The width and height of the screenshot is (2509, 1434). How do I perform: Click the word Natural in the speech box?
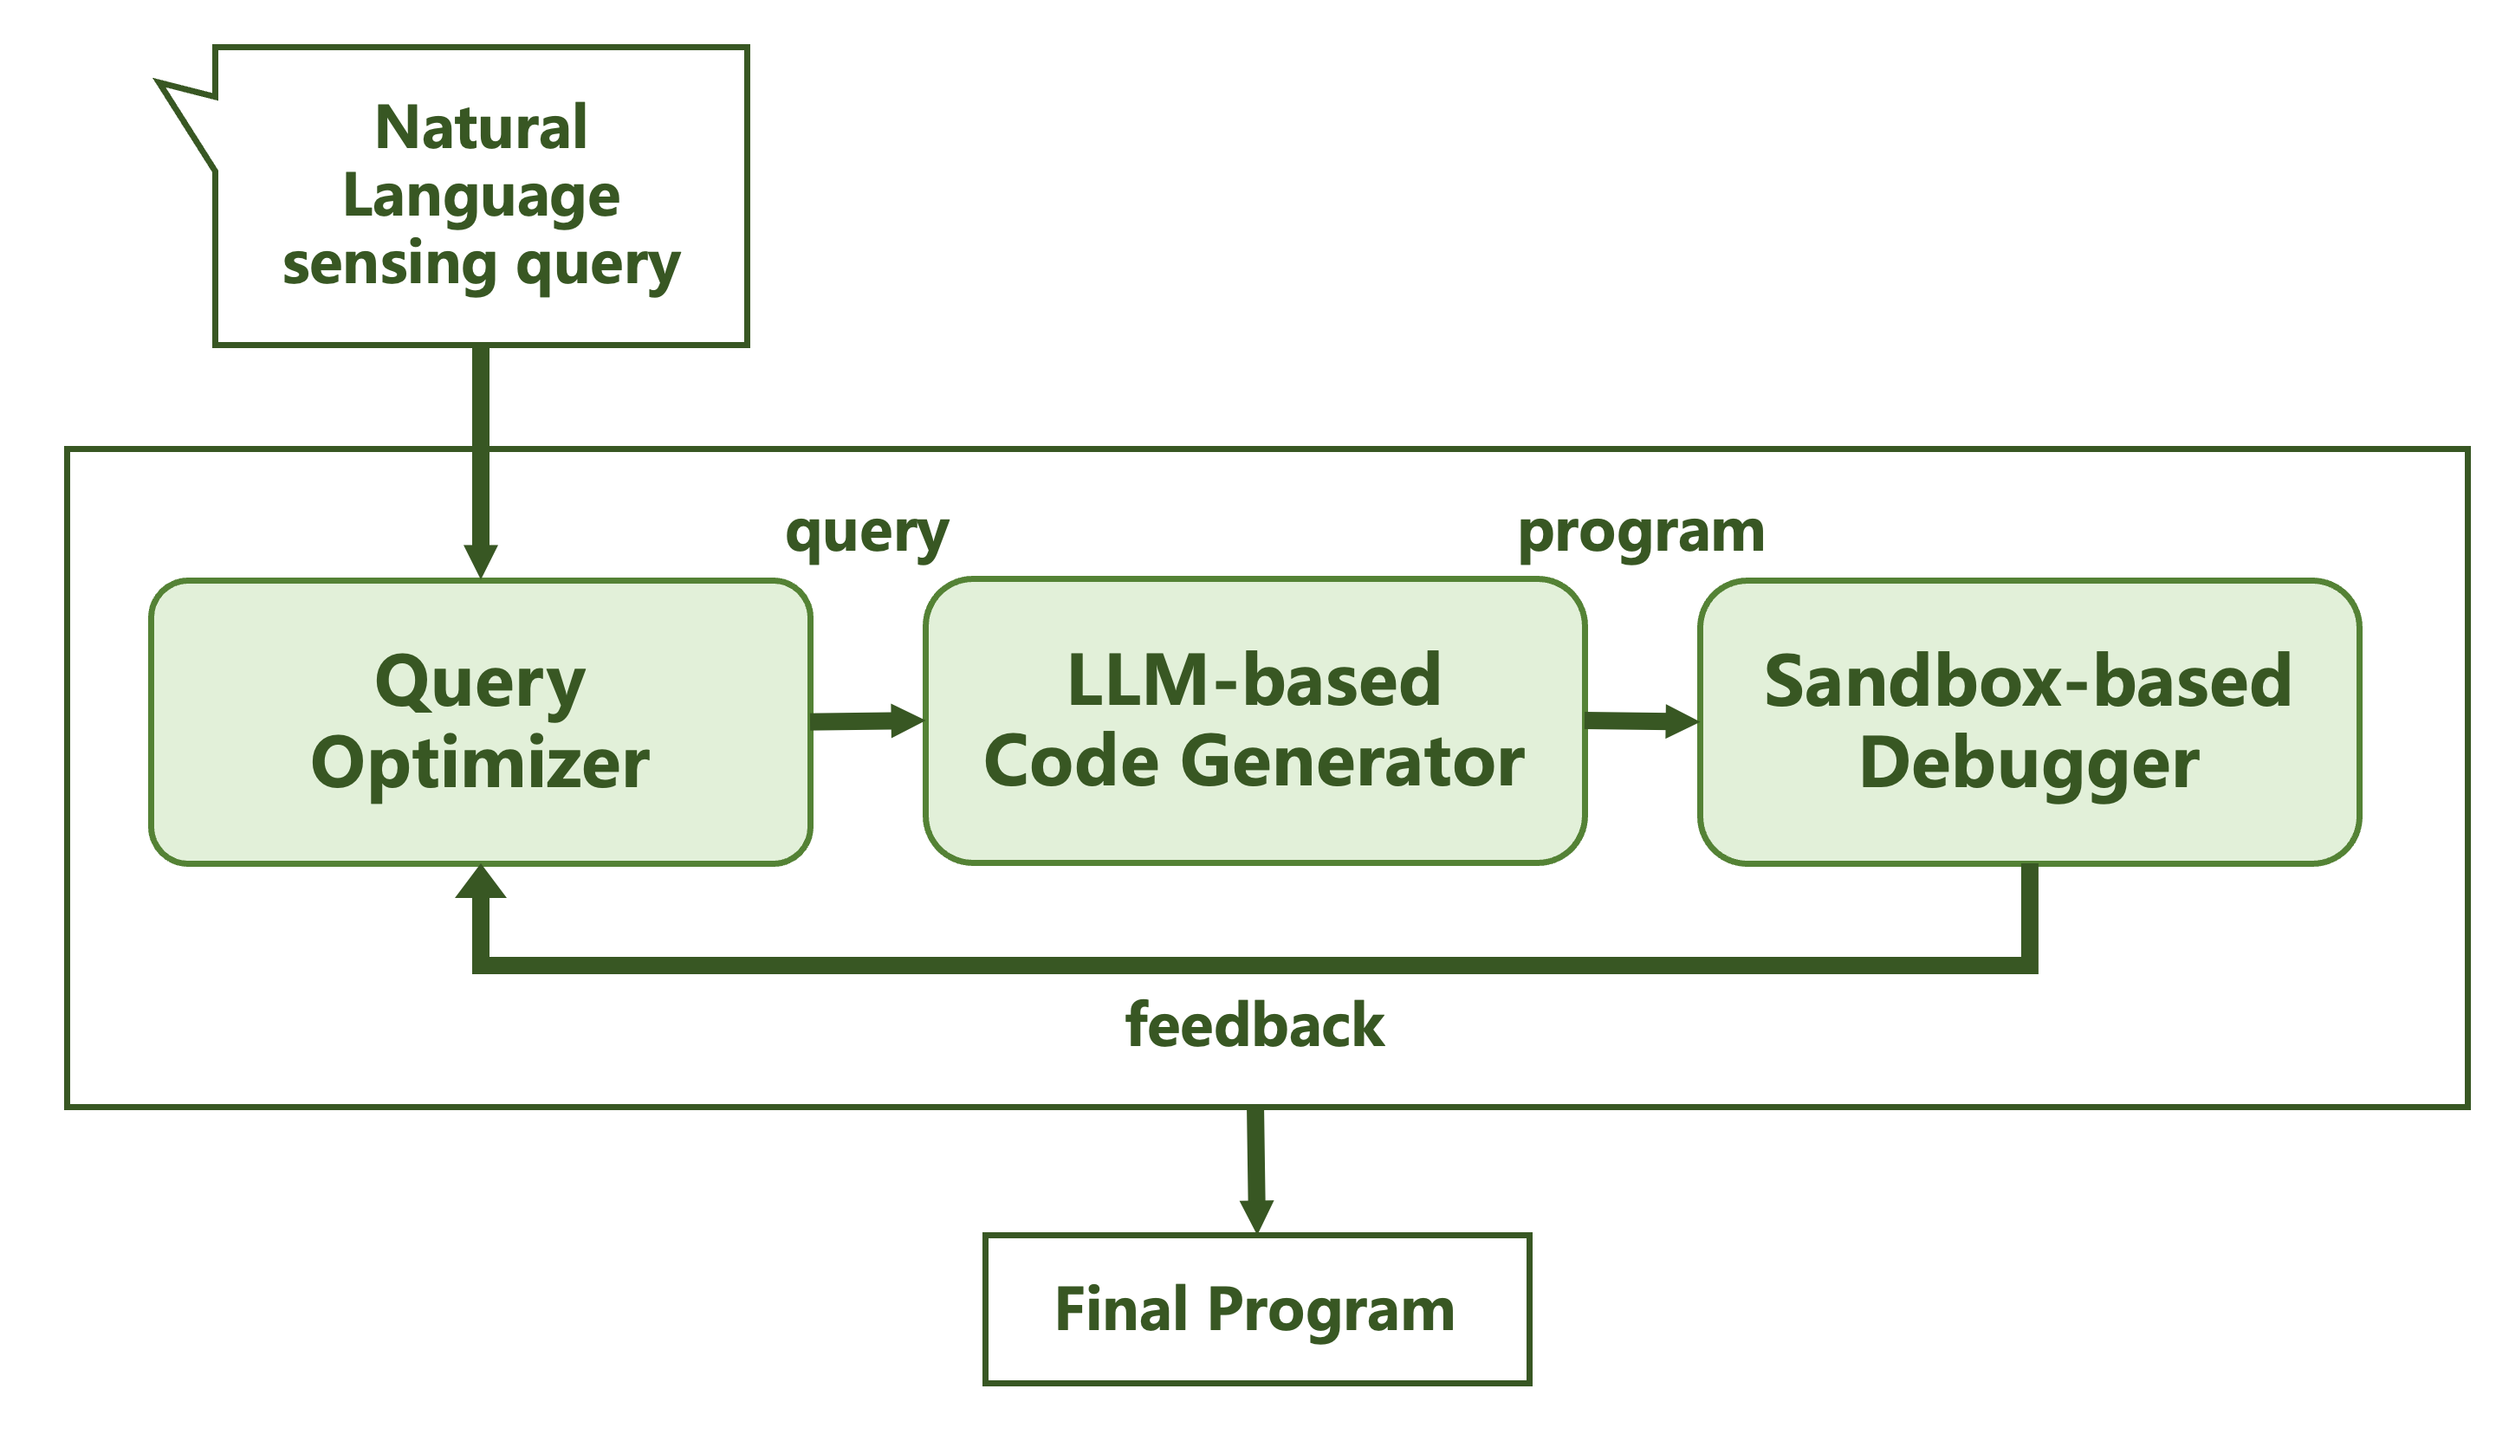(x=481, y=127)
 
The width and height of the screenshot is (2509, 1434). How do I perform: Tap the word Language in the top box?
(x=481, y=197)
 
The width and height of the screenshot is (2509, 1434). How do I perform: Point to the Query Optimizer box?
(x=481, y=722)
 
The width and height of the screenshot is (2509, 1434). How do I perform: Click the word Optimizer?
(x=481, y=765)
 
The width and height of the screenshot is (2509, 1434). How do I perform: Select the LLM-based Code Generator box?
(x=1255, y=721)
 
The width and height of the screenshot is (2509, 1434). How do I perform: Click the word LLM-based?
(x=1255, y=681)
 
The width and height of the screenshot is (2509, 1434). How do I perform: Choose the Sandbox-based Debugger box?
(x=2029, y=722)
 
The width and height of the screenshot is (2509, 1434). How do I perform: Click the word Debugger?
(x=2029, y=765)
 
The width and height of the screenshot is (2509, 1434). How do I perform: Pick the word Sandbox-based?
(x=2028, y=681)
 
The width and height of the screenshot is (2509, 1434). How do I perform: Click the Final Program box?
(x=1257, y=1309)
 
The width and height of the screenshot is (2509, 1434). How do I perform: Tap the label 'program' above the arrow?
(x=1641, y=533)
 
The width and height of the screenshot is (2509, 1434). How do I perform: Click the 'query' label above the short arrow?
(x=867, y=533)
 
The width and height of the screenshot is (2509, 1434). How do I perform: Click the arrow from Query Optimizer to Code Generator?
(x=868, y=721)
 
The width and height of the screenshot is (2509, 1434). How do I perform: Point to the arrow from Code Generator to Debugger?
(x=1642, y=721)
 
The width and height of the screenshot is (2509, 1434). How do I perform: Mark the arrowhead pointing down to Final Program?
(x=1256, y=1217)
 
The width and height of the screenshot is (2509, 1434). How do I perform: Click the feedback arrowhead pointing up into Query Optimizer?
(x=481, y=882)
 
